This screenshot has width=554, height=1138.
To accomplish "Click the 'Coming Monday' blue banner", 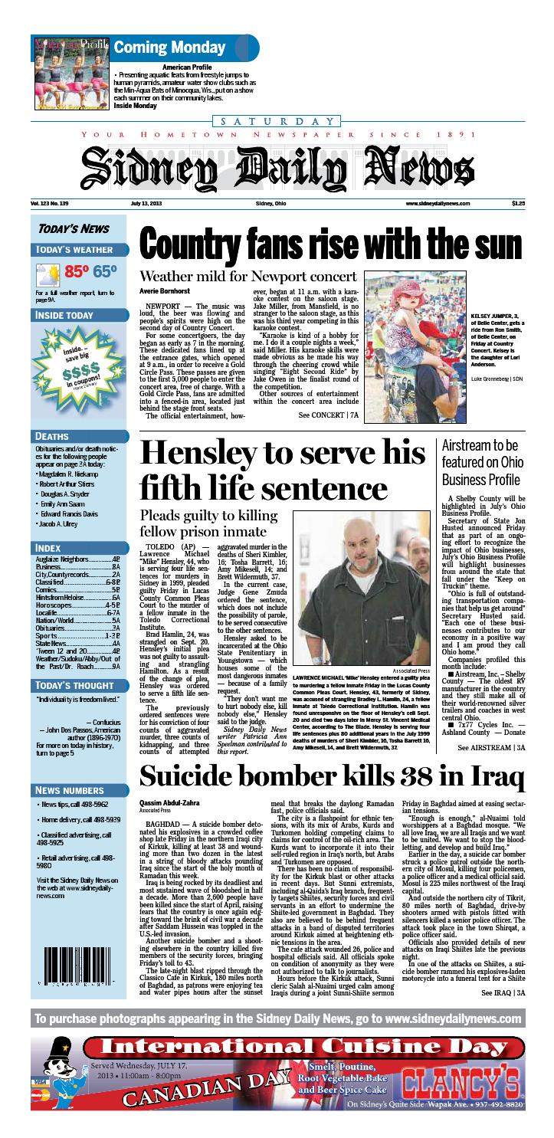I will (x=169, y=47).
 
